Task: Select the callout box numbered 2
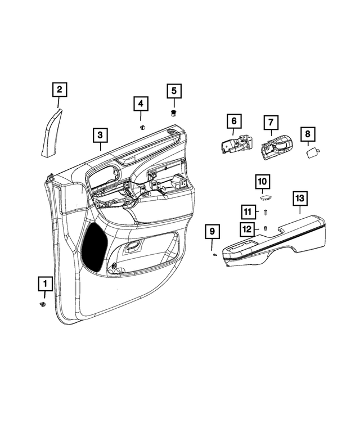(x=60, y=89)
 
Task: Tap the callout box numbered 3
(x=100, y=135)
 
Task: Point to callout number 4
(x=141, y=104)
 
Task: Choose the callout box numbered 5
(x=174, y=91)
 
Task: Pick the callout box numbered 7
(x=270, y=122)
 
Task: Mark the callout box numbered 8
(x=308, y=134)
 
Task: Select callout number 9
(x=212, y=231)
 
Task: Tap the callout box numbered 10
(x=263, y=182)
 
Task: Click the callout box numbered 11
(x=249, y=211)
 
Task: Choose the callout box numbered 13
(x=299, y=198)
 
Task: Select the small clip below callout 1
(x=43, y=305)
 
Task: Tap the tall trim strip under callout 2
(x=52, y=134)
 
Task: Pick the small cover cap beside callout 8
(x=312, y=151)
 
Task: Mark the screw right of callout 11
(x=265, y=213)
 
